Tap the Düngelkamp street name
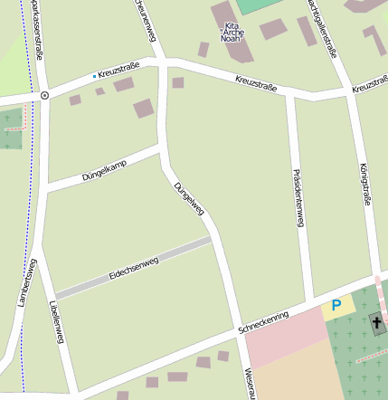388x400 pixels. [x=104, y=167]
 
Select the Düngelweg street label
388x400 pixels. [x=190, y=198]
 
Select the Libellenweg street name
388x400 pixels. [x=57, y=321]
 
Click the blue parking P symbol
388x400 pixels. [x=336, y=306]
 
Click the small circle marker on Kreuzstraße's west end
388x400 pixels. [x=44, y=95]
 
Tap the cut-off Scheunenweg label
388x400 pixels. [x=145, y=16]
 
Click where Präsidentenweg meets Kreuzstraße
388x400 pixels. [x=289, y=93]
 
